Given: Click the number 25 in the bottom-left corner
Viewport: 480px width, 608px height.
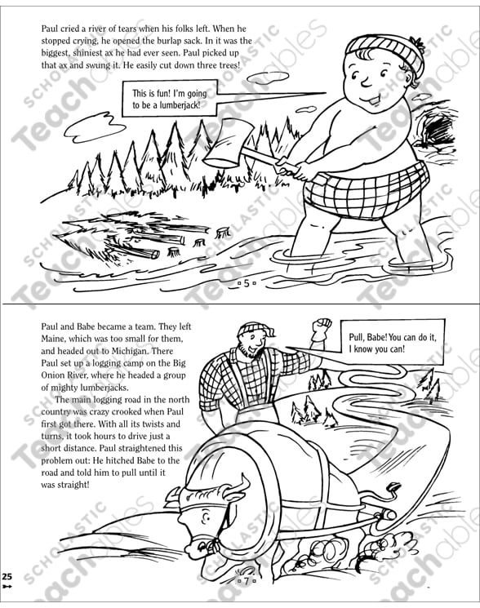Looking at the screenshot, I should (7, 577).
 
